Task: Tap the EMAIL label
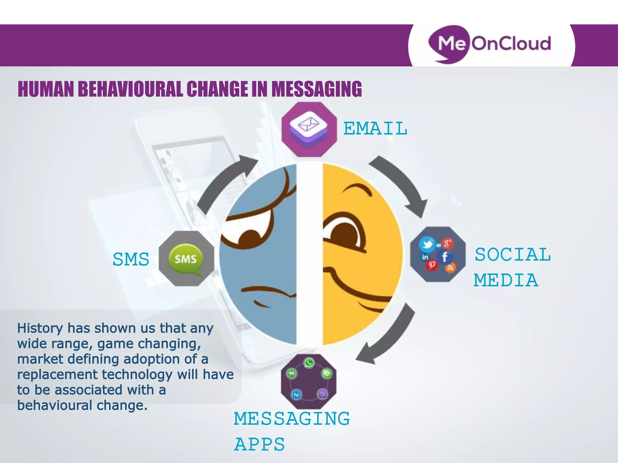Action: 375,128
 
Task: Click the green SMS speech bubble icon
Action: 186,259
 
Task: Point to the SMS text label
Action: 131,259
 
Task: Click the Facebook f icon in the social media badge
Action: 444,257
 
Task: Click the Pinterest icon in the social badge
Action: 432,265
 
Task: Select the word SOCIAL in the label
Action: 513,255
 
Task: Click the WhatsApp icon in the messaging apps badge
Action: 309,363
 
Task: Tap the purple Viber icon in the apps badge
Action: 323,394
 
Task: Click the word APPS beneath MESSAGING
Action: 260,444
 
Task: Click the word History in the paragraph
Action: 40,328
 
